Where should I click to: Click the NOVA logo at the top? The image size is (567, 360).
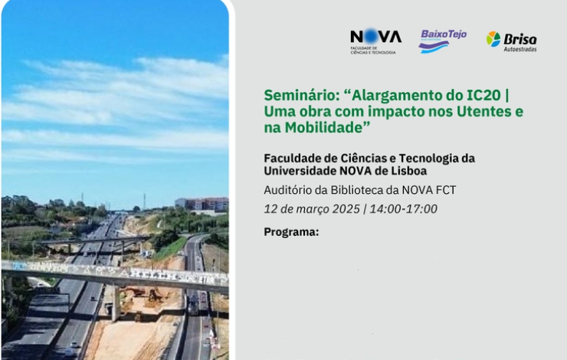(x=375, y=41)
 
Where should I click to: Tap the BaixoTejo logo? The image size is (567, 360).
(x=443, y=41)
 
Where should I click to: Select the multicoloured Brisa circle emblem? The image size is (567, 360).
(x=493, y=39)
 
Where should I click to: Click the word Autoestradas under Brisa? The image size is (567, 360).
(x=520, y=49)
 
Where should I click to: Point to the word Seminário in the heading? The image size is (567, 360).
(x=300, y=96)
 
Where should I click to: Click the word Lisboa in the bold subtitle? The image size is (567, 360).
(x=409, y=171)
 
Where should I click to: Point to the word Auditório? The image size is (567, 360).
(x=287, y=190)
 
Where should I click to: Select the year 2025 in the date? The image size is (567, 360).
(x=346, y=209)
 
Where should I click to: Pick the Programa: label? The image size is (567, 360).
(x=291, y=231)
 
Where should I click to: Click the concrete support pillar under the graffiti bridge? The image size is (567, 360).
(x=116, y=303)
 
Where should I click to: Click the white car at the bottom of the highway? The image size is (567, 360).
(x=75, y=344)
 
